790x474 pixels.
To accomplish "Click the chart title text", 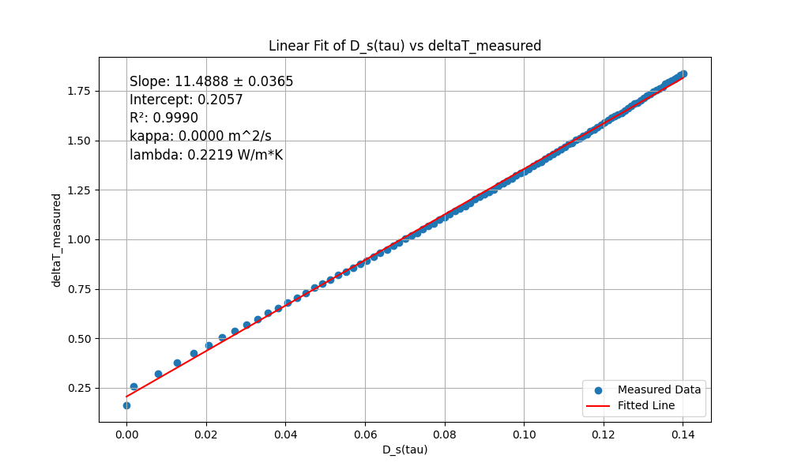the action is [404, 46].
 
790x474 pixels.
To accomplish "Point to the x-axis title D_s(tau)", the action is [404, 450].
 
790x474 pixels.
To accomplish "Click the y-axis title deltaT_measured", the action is [56, 240].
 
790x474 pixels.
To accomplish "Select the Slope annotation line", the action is [211, 81].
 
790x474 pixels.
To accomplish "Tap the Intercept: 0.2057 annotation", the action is [186, 100].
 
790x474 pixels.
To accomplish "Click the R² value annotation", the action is [164, 118].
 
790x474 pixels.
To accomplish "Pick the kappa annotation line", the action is [200, 136].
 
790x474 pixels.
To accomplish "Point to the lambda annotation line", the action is [206, 155].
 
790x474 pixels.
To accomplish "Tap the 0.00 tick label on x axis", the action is [126, 435].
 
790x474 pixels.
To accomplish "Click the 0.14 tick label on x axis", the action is [683, 435].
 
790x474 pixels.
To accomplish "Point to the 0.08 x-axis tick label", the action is [444, 435].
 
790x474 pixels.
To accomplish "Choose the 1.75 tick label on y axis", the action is [78, 91].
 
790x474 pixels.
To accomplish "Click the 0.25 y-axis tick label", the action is [78, 389].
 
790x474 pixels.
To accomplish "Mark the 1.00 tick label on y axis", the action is [78, 240].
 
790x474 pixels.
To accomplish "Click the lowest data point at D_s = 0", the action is [126, 405].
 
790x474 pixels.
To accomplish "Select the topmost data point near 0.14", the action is [683, 74].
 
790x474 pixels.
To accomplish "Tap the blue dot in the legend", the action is [598, 390].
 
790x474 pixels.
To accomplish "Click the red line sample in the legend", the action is [598, 406].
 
